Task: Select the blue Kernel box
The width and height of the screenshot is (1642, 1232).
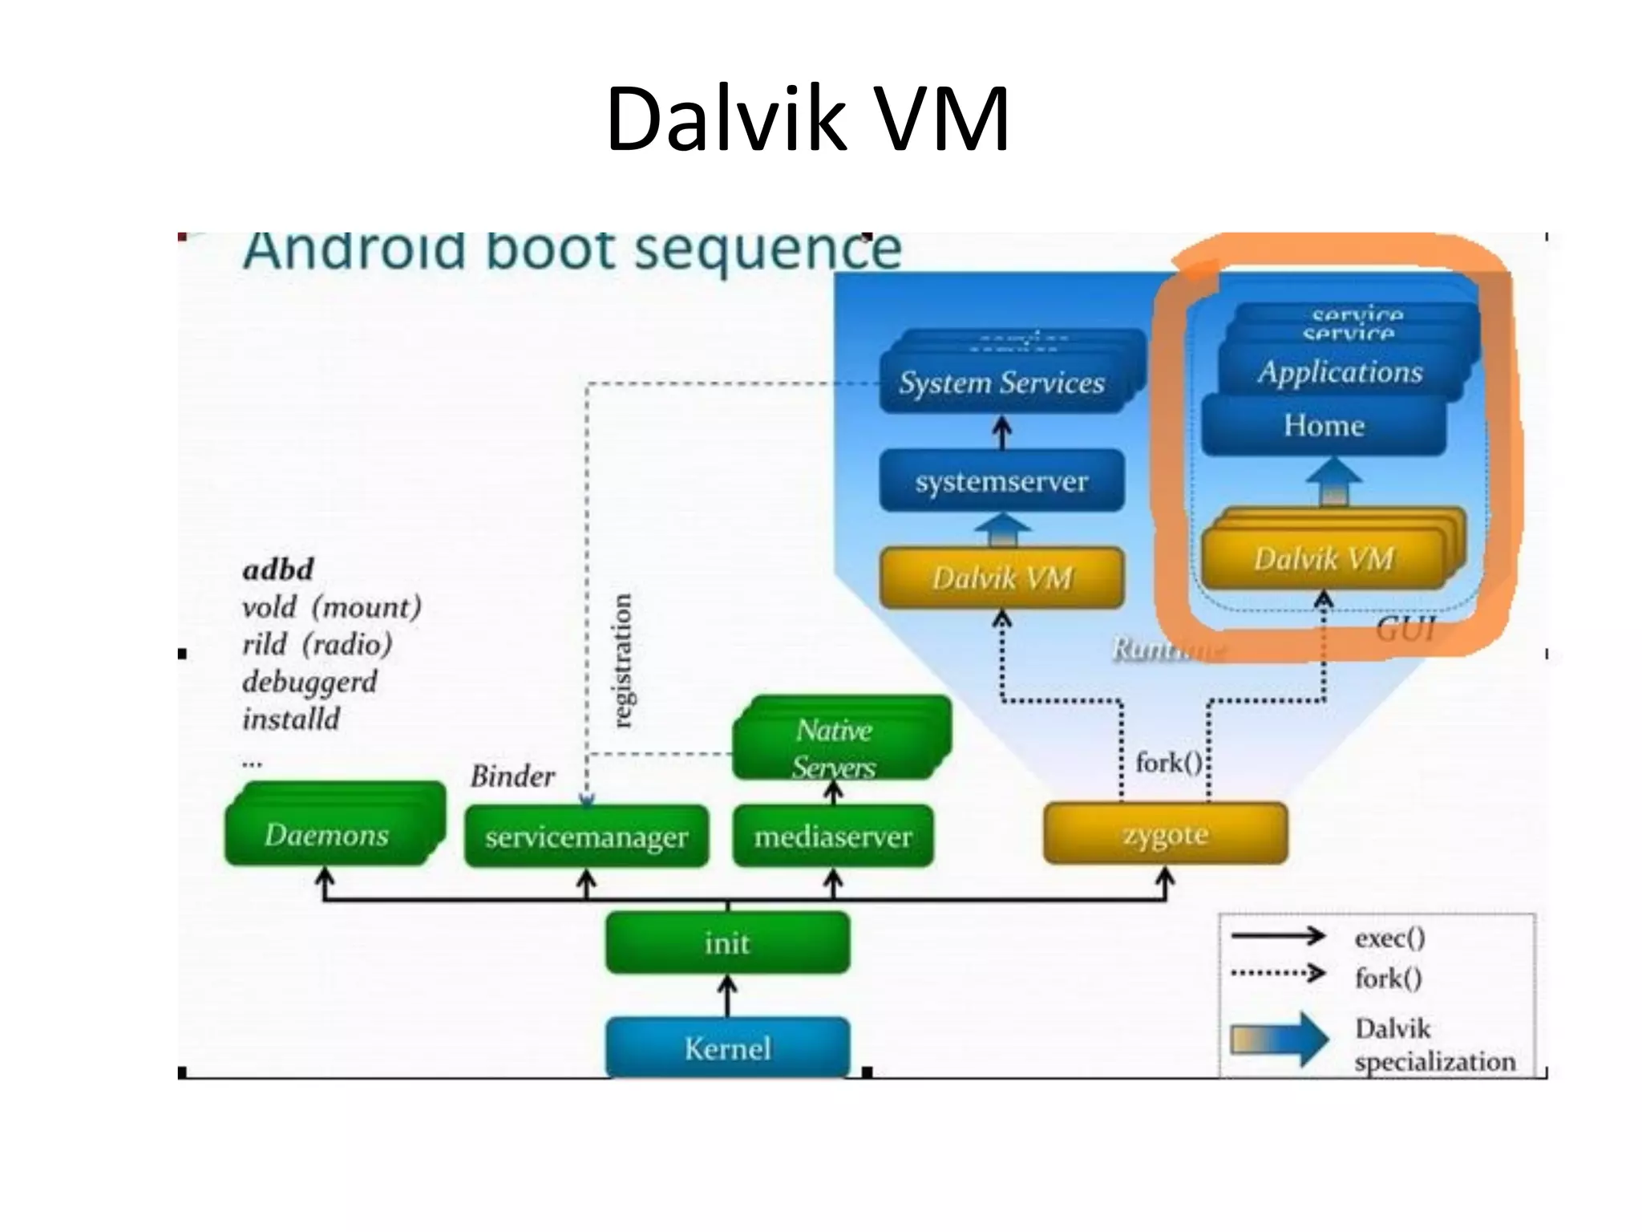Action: pos(727,1048)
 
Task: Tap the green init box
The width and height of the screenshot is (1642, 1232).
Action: pos(727,942)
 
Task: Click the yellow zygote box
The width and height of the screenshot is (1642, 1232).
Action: pos(1165,834)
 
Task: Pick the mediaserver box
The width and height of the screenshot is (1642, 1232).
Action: pos(833,837)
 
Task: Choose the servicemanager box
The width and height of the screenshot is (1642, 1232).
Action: pos(586,837)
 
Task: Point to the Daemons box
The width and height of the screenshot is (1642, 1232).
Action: pos(326,835)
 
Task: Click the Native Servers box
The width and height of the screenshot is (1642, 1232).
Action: pos(835,746)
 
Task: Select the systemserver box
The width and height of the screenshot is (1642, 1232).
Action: pos(1001,481)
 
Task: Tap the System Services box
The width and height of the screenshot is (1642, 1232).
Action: pos(1001,383)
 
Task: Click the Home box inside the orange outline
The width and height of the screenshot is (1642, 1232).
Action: pos(1324,425)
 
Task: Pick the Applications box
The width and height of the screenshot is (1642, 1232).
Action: pos(1340,371)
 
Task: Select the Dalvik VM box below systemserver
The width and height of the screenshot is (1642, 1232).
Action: pos(1001,577)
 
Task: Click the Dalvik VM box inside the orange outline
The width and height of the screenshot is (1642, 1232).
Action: pos(1324,558)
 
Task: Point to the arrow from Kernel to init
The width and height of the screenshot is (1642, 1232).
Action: pos(727,995)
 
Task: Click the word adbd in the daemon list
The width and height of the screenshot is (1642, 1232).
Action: pos(278,569)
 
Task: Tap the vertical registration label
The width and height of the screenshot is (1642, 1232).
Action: pos(621,660)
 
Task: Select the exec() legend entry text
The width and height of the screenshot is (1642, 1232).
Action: pos(1389,938)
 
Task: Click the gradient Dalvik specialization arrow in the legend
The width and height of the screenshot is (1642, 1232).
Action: pos(1279,1039)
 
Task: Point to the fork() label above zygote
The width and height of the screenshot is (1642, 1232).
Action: pos(1168,762)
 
